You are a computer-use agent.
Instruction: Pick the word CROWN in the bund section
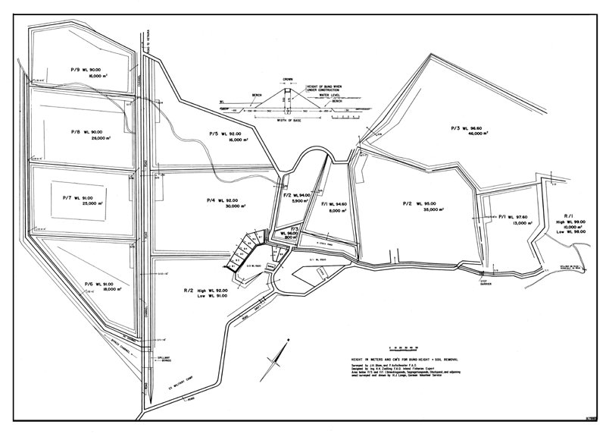[x=288, y=79]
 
